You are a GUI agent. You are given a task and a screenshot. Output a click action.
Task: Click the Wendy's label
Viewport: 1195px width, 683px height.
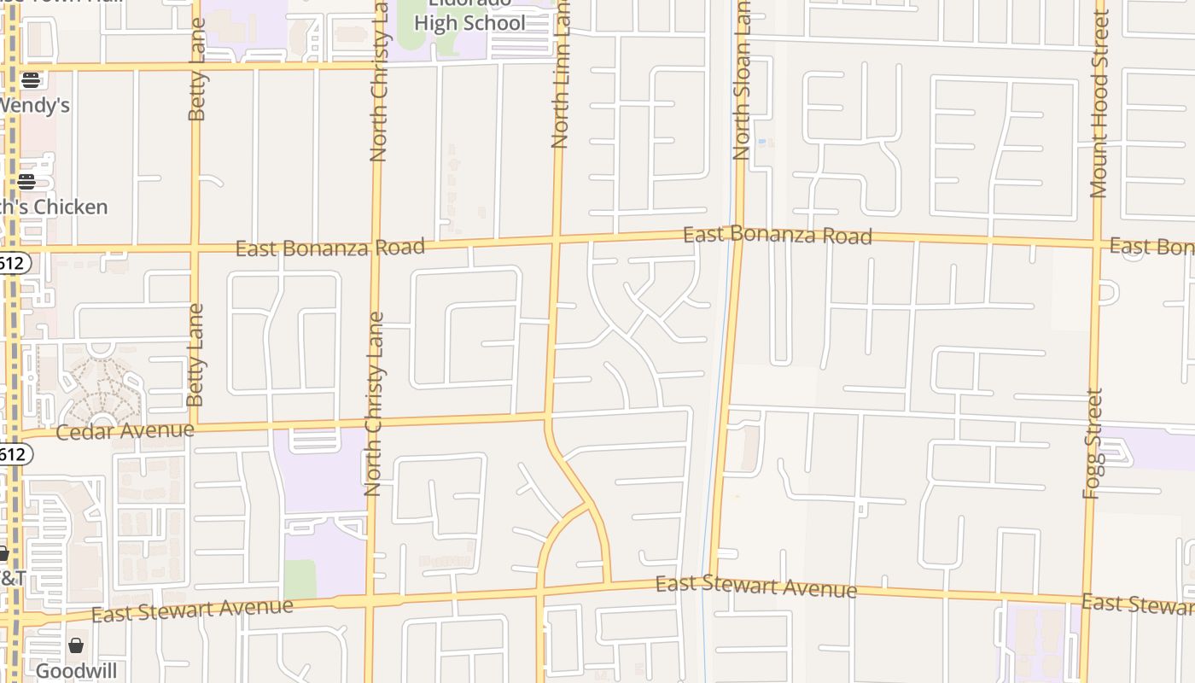(34, 106)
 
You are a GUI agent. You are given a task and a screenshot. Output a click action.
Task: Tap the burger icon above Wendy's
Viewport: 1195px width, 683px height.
(31, 80)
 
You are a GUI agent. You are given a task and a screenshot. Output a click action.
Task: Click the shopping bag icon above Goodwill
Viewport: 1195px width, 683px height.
(76, 645)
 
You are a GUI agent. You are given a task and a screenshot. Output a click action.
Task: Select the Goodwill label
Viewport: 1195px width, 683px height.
(76, 671)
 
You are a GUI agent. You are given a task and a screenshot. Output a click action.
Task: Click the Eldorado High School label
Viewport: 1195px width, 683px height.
(470, 17)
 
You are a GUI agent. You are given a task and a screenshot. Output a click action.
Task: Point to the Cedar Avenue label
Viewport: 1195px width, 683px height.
(125, 431)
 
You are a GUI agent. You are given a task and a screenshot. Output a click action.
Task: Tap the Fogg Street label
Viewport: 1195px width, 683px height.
(1094, 444)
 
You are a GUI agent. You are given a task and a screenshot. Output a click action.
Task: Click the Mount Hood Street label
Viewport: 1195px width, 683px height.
(1099, 104)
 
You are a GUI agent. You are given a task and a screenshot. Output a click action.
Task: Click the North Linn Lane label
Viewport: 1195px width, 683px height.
(560, 77)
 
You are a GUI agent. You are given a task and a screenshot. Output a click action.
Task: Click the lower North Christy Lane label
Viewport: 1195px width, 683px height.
(373, 404)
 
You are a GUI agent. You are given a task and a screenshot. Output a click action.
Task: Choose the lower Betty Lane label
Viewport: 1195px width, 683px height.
(196, 354)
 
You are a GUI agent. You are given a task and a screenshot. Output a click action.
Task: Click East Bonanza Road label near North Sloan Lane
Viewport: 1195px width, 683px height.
(778, 235)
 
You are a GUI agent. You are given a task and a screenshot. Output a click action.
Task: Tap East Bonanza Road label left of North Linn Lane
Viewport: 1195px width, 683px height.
(329, 248)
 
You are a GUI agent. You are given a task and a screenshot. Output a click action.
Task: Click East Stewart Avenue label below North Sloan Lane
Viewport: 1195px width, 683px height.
(755, 587)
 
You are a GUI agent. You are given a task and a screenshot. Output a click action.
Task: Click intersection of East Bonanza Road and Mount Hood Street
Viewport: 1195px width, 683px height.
(1098, 242)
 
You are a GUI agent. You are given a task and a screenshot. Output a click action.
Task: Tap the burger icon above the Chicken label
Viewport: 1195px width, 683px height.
(26, 182)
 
